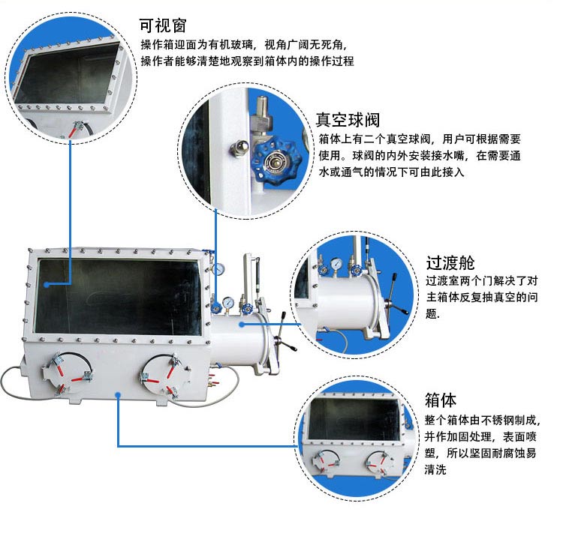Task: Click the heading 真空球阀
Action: click(x=347, y=120)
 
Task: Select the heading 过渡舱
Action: click(x=450, y=262)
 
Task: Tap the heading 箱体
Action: click(x=440, y=400)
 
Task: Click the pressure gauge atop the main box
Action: click(x=218, y=268)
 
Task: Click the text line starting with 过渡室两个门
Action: click(x=481, y=282)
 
